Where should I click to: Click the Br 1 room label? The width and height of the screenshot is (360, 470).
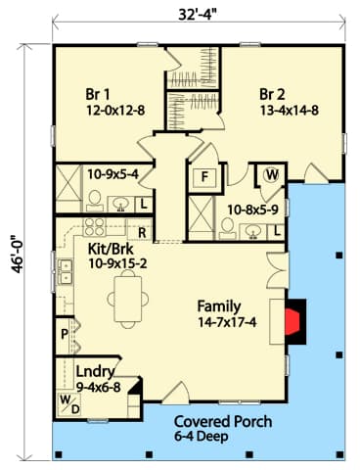[x=98, y=94]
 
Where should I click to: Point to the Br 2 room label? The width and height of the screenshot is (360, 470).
[x=272, y=94]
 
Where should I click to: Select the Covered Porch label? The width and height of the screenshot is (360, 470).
[x=225, y=422]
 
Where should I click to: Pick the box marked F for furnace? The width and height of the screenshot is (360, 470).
[x=206, y=177]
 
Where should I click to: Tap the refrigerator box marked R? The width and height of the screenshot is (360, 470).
[x=142, y=233]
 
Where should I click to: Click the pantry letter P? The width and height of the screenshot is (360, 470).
[x=64, y=335]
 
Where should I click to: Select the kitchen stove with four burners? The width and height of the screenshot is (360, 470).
[x=94, y=228]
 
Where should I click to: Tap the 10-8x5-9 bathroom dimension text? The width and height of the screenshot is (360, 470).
[x=251, y=209]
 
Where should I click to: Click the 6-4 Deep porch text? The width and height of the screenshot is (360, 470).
[x=225, y=437]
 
